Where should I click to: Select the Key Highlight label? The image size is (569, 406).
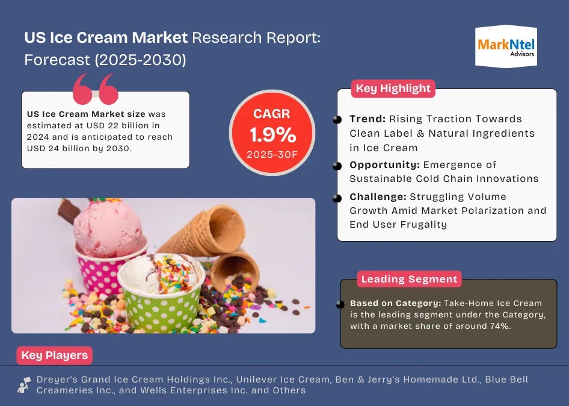click(x=393, y=89)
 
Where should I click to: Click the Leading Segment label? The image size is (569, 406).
click(x=409, y=279)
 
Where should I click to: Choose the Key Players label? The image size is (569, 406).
click(x=54, y=355)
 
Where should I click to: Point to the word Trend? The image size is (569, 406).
click(x=368, y=119)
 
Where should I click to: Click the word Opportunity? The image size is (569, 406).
click(x=384, y=164)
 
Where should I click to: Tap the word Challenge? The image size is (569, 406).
click(x=378, y=196)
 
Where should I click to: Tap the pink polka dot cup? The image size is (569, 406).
click(x=103, y=271)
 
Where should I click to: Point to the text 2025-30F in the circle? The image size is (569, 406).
click(x=272, y=154)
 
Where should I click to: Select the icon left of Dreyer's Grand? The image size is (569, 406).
click(x=24, y=385)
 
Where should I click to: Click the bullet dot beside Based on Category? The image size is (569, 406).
click(x=344, y=304)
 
